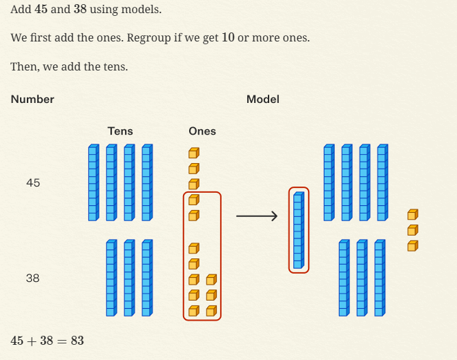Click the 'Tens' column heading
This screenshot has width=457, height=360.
pos(120,131)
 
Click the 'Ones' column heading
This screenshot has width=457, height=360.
pos(202,131)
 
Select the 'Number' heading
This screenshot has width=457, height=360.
pos(32,100)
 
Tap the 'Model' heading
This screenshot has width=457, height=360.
pos(263,100)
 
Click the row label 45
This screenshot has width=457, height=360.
pos(33,183)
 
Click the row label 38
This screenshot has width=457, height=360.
pos(32,278)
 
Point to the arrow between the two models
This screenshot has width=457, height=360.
pos(257,217)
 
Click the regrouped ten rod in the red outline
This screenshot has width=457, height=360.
pos(298,230)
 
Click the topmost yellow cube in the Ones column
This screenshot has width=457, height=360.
pos(194,153)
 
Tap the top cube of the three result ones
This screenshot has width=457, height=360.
pos(412,215)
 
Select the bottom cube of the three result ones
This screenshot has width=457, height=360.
pos(412,245)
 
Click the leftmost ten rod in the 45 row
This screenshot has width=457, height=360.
pos(93,182)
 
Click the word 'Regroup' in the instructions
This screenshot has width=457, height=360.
pos(148,37)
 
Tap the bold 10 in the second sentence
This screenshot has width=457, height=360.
pos(228,37)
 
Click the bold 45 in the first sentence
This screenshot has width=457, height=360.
pos(41,10)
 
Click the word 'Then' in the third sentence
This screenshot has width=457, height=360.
pos(23,67)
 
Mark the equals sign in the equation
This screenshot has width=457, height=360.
pos(60,341)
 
